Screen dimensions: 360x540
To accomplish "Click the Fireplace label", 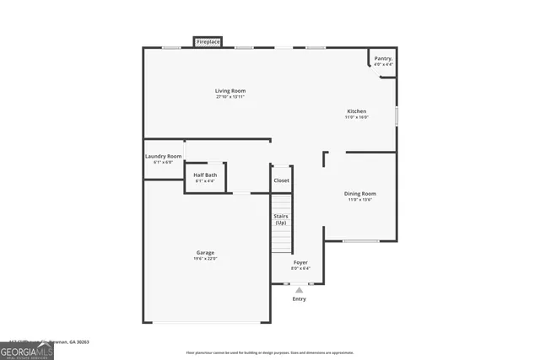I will (x=208, y=41).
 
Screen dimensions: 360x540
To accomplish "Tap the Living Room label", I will (x=230, y=90).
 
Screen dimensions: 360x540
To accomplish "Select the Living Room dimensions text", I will (x=230, y=97).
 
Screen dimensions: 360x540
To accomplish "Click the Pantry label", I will (x=384, y=58).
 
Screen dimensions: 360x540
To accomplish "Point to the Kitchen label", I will (x=357, y=110).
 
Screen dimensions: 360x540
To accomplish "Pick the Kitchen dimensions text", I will (x=357, y=117).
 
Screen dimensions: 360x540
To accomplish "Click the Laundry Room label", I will (x=163, y=156).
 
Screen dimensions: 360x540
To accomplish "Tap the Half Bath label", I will (x=205, y=175).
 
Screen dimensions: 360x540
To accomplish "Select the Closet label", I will (x=281, y=180).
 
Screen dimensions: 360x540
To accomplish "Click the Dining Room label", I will (x=360, y=193).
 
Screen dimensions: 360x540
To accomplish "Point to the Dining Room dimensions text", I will (x=360, y=200).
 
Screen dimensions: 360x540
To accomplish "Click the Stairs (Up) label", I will (x=281, y=219).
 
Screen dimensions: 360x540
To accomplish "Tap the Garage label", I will (x=205, y=252).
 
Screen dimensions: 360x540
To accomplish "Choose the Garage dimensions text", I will (x=205, y=259).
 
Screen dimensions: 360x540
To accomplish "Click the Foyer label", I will (x=300, y=262).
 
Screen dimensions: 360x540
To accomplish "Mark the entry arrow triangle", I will (x=299, y=289).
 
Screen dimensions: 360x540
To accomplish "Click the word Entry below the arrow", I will (x=300, y=298).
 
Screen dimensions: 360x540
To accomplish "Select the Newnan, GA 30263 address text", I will (x=73, y=342).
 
